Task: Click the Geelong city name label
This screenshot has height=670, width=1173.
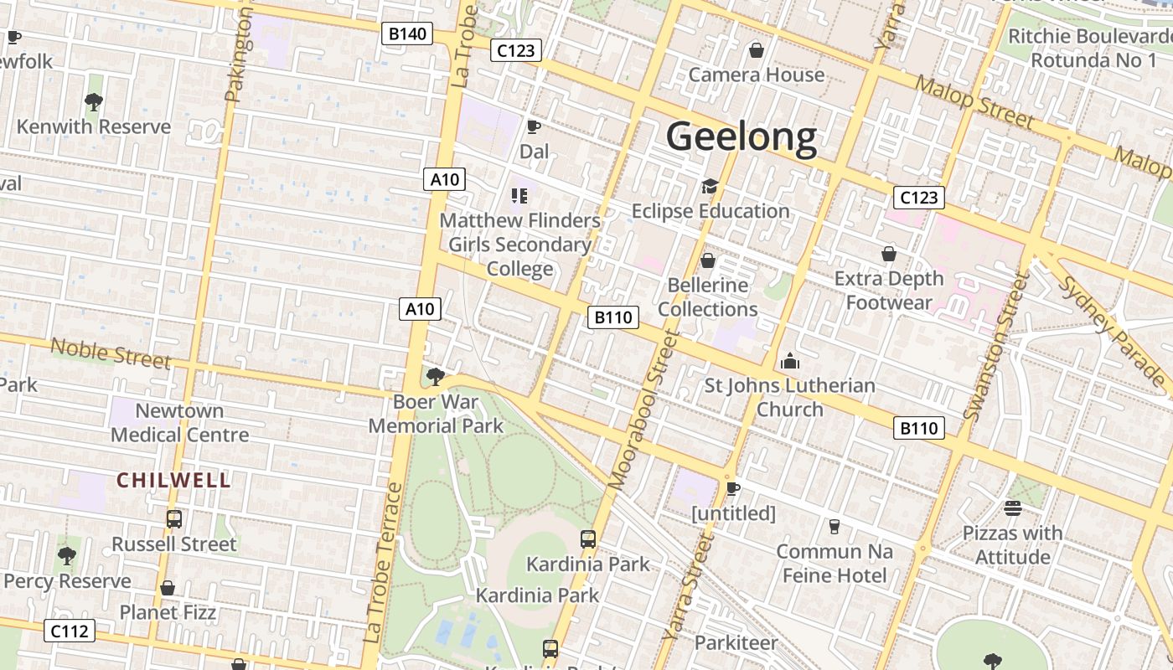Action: (x=742, y=137)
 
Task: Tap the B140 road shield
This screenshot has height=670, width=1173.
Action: (x=408, y=34)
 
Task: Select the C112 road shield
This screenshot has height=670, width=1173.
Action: (x=70, y=631)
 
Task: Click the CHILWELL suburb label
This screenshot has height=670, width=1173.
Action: (x=173, y=480)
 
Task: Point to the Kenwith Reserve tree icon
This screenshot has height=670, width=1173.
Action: (x=94, y=102)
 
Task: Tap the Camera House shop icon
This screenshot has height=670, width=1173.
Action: (x=757, y=50)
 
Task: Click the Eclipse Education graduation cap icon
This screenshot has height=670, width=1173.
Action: (x=711, y=186)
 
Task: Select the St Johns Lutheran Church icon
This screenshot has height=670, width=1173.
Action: (x=789, y=361)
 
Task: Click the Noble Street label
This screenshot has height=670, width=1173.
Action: (x=111, y=353)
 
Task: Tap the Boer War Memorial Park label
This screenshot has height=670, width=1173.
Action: (x=436, y=414)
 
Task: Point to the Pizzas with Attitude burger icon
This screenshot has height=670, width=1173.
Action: (x=1012, y=508)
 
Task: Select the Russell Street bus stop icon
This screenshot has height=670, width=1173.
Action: (x=173, y=519)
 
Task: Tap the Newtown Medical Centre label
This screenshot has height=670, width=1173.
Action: (x=179, y=423)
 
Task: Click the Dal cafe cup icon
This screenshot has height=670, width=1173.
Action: (x=533, y=127)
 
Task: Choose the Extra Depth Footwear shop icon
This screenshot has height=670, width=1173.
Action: (x=889, y=254)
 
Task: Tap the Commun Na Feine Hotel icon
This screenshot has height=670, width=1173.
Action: (x=834, y=526)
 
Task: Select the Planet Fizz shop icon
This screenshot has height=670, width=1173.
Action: (x=168, y=588)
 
